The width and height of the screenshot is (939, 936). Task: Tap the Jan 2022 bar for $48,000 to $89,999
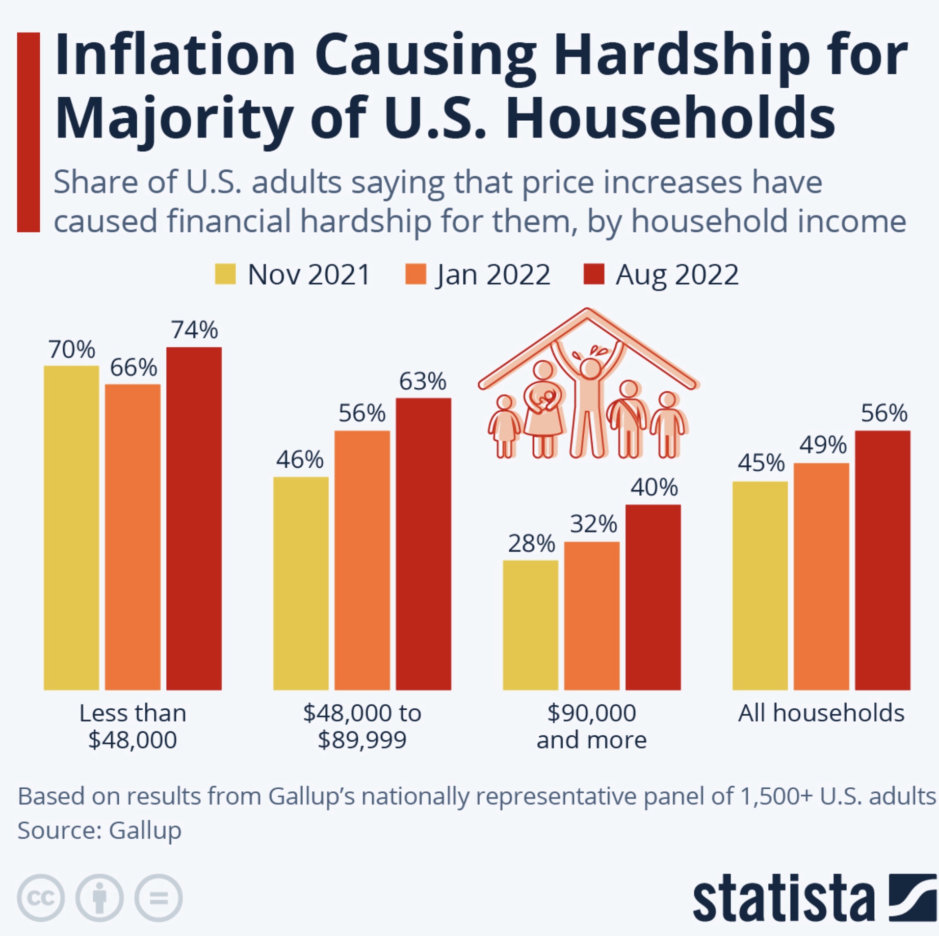click(362, 560)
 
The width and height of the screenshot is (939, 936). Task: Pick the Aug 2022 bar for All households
click(882, 560)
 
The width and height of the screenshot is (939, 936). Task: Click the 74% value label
click(194, 330)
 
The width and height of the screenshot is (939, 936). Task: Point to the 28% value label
click(531, 544)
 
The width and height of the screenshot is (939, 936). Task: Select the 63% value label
click(423, 382)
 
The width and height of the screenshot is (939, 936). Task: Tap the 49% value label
click(822, 445)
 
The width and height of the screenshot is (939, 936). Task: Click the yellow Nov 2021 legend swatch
click(225, 274)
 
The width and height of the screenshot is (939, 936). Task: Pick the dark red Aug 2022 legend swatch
click(594, 274)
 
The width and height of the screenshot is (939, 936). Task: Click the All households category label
click(821, 713)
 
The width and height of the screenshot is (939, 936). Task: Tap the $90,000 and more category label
click(591, 726)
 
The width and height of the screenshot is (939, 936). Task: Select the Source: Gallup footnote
click(99, 830)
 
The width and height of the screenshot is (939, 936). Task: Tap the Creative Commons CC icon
click(41, 898)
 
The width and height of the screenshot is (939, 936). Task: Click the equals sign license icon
click(159, 898)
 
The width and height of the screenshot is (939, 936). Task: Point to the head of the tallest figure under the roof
click(590, 368)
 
